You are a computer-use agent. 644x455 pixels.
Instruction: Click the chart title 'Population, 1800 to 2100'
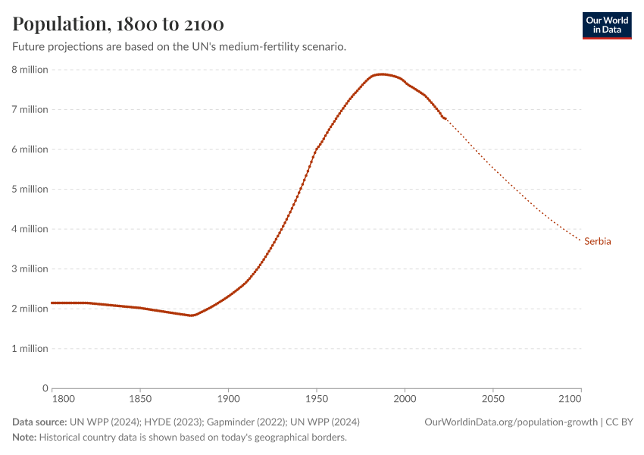117,24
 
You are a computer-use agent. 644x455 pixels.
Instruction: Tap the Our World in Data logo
606,25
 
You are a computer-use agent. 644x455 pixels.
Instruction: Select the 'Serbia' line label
598,242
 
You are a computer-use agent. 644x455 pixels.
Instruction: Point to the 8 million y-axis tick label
30,70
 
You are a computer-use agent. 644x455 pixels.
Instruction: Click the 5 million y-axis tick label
30,189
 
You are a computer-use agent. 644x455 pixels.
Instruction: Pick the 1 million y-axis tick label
30,349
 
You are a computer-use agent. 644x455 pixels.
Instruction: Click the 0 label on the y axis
45,388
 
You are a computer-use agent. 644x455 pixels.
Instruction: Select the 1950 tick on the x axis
316,399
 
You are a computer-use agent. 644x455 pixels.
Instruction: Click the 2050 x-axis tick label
492,399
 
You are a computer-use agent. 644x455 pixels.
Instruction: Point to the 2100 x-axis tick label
568,399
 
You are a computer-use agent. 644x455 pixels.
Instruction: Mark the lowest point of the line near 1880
192,315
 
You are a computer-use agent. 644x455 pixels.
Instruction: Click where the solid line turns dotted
445,119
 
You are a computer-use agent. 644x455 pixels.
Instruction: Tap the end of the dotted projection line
580,241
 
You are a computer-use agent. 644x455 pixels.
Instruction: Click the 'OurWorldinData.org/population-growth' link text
511,422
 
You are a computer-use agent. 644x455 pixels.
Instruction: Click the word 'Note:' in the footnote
24,438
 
